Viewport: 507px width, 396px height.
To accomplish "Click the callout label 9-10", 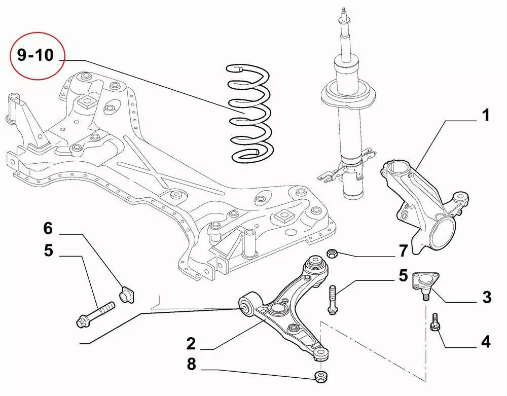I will point(35,55).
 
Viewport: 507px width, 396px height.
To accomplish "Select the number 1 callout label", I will point(485,116).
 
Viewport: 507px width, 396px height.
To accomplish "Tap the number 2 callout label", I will point(191,344).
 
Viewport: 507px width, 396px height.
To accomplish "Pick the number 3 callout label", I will point(487,297).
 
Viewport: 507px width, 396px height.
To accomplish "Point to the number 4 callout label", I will point(485,342).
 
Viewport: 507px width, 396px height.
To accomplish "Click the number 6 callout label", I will point(48,229).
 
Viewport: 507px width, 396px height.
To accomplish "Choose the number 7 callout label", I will point(403,250).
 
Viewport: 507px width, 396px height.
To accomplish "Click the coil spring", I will point(250,114).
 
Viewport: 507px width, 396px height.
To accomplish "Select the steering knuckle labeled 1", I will point(419,203).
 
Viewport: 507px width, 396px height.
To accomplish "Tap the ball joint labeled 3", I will point(425,282).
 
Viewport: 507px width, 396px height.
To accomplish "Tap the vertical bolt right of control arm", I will point(332,299).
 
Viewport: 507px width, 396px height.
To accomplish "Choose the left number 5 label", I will point(48,250).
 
